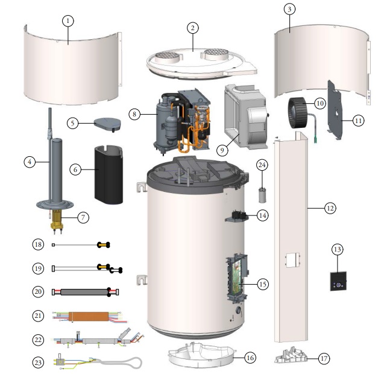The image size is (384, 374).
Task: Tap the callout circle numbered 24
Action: tap(262, 165)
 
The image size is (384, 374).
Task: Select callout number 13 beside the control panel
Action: tap(338, 250)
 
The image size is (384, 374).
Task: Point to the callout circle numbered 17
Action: tap(324, 358)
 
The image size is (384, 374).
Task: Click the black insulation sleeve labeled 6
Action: tap(108, 173)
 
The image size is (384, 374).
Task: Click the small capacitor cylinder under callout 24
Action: tap(262, 193)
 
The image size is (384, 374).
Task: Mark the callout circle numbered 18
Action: tap(38, 244)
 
